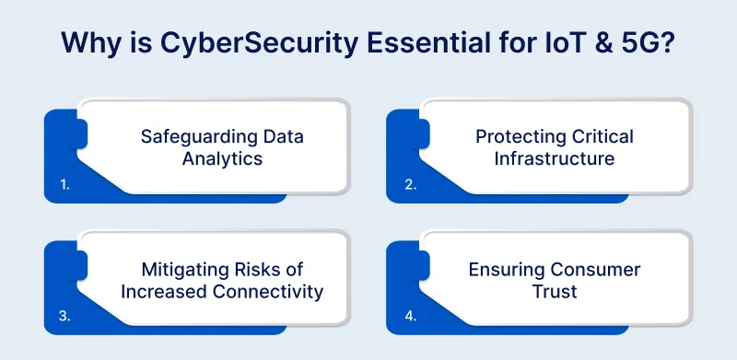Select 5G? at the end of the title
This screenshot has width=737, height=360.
tap(656, 43)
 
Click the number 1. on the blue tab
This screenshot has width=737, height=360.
tap(64, 184)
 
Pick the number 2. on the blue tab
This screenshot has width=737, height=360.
tap(409, 184)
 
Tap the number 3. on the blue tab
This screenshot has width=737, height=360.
tap(64, 316)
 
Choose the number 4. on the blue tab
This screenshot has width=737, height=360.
tap(409, 316)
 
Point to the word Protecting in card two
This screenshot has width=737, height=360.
tap(520, 137)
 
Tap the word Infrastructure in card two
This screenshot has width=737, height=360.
tap(555, 158)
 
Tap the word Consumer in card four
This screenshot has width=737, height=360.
tap(594, 270)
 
